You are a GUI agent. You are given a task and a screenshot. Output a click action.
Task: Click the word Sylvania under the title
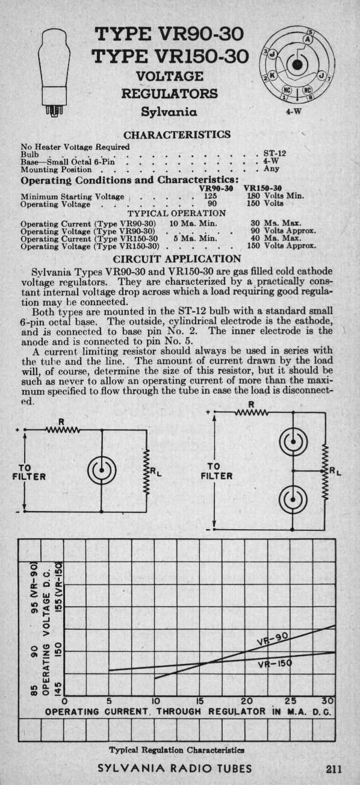click(x=169, y=112)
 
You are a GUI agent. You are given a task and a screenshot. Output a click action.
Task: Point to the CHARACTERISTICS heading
click(x=178, y=135)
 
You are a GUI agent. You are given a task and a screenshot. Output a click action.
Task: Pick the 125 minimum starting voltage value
click(x=210, y=196)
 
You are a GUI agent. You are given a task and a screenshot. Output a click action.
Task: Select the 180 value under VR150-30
click(x=253, y=196)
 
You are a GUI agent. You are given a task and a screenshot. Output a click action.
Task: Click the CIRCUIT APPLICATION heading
click(x=178, y=259)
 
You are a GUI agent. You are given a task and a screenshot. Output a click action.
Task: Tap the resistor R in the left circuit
click(x=63, y=429)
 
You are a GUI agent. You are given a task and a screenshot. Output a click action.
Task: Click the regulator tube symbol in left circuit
click(x=102, y=470)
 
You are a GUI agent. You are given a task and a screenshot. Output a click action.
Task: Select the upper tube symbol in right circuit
click(x=293, y=442)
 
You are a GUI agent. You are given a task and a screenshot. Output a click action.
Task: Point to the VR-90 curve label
click(x=272, y=639)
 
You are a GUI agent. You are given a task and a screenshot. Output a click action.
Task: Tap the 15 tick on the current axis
click(x=199, y=701)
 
